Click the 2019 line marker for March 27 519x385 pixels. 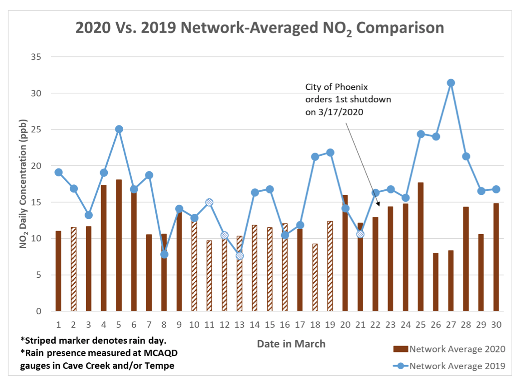click(x=451, y=83)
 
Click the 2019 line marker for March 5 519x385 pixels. click(x=119, y=129)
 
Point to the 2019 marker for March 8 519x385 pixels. click(x=164, y=254)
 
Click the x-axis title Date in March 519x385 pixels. click(x=291, y=344)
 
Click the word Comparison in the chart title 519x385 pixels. click(x=399, y=28)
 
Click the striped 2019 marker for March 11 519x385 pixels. click(x=209, y=202)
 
